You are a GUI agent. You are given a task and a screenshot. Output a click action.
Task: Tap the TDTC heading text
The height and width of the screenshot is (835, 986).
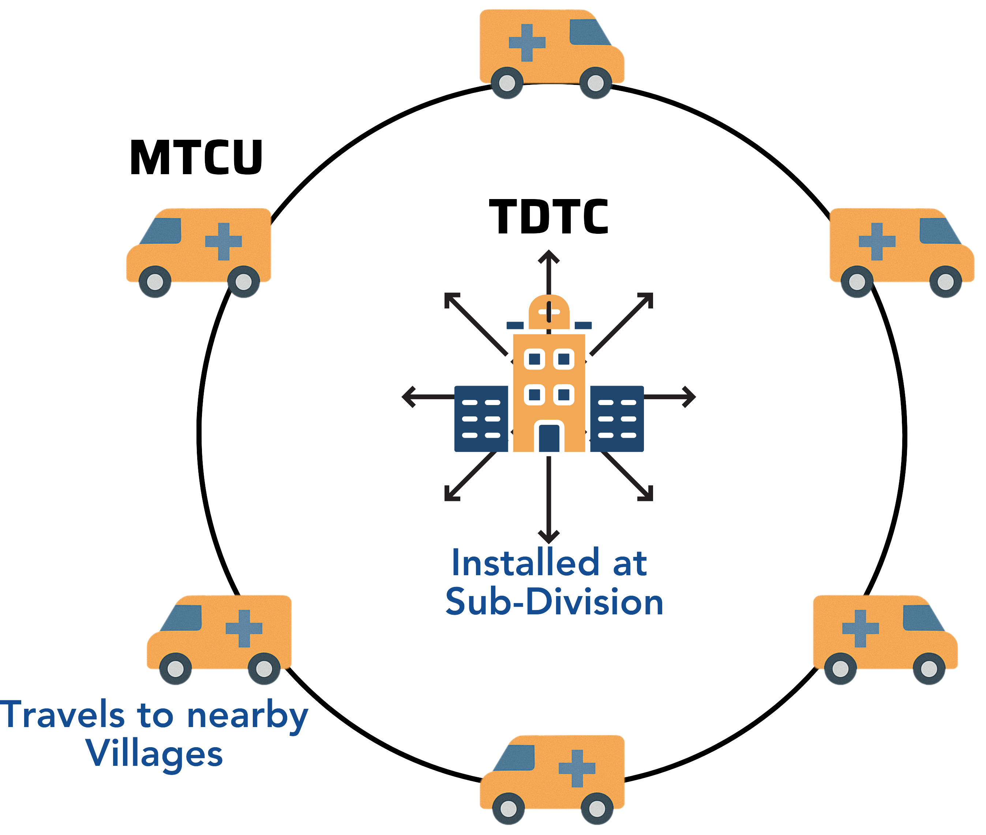(x=548, y=217)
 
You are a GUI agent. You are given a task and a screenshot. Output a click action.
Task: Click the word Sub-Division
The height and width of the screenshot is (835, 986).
(x=554, y=602)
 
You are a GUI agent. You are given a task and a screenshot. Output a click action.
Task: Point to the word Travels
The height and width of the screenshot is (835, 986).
(x=63, y=715)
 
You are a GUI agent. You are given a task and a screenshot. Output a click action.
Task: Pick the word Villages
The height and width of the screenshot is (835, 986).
(x=154, y=753)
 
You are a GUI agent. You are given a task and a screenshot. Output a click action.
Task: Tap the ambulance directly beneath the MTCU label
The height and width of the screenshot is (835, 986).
(x=199, y=251)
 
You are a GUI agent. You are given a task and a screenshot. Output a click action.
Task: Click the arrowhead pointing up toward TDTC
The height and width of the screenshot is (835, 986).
(x=549, y=257)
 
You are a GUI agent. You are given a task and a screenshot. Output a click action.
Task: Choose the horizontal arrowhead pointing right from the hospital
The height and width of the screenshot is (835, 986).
(x=689, y=397)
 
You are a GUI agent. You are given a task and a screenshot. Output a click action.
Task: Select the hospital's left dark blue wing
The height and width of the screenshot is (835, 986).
(x=481, y=419)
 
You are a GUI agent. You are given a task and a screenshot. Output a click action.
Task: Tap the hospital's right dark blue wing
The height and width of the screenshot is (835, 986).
(x=617, y=419)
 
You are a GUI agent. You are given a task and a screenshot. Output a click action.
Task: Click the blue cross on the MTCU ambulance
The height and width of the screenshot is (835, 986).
(x=224, y=241)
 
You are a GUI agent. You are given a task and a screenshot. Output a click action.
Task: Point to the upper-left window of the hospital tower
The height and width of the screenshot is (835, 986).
(x=535, y=359)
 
